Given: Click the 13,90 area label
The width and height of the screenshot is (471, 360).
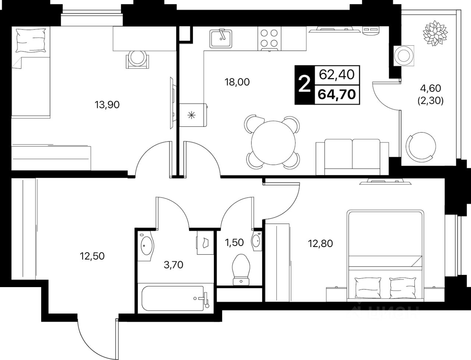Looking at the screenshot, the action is pyautogui.click(x=107, y=105).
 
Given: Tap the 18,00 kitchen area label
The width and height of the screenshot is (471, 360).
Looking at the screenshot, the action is pyautogui.click(x=237, y=82).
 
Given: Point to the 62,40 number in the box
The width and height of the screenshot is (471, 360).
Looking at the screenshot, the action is pyautogui.click(x=337, y=75).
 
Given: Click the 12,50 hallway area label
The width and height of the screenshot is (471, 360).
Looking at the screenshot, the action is pyautogui.click(x=92, y=256).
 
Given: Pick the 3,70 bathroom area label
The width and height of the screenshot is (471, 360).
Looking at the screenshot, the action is pyautogui.click(x=173, y=265).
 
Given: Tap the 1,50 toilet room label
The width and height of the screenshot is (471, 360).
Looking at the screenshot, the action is pyautogui.click(x=234, y=243).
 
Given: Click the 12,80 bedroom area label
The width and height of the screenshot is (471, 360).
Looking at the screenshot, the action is pyautogui.click(x=321, y=244).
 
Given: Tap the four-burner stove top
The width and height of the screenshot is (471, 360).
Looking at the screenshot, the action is pyautogui.click(x=269, y=39).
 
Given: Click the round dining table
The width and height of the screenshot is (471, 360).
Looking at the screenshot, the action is pyautogui.click(x=273, y=143).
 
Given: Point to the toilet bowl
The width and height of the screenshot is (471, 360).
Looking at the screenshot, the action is pyautogui.click(x=241, y=270).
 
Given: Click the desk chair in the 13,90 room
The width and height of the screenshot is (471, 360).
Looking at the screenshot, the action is pyautogui.click(x=137, y=59).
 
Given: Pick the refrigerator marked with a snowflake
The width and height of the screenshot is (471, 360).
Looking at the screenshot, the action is pyautogui.click(x=193, y=115).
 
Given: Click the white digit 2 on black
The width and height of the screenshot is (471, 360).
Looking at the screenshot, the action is pyautogui.click(x=305, y=85).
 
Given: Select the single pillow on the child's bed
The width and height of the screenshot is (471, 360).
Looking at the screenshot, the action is pyautogui.click(x=31, y=40).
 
